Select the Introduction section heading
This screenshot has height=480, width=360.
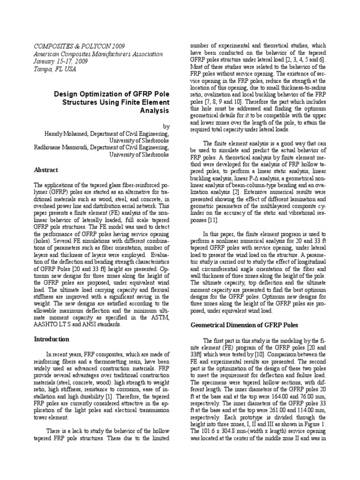pos(52,339)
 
